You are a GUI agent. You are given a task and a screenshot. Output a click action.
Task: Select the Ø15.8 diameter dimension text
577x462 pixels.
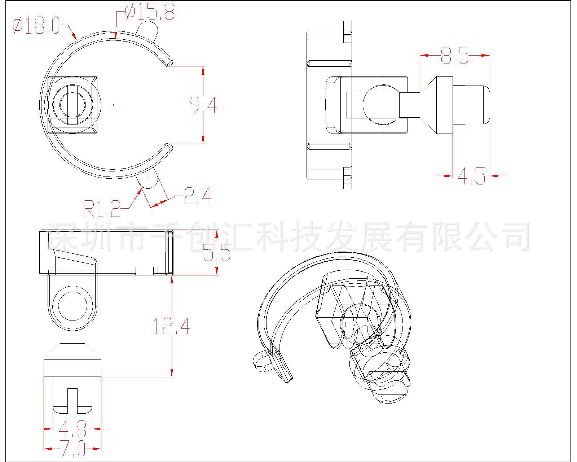click(x=150, y=12)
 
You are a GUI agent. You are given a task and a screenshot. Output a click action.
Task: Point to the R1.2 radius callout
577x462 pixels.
click(x=102, y=208)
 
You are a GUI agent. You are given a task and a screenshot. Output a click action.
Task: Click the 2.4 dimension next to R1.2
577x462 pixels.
click(x=197, y=196)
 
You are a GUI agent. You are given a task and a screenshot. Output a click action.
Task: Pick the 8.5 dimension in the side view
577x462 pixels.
click(x=455, y=56)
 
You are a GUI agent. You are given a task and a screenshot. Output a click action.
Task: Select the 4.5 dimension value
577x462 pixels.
click(x=471, y=176)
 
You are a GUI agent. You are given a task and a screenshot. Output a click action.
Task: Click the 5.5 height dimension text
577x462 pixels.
click(x=216, y=252)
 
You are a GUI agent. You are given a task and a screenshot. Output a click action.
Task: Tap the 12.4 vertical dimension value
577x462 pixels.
click(x=172, y=326)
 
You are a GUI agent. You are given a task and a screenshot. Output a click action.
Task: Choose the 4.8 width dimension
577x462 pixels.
click(x=72, y=428)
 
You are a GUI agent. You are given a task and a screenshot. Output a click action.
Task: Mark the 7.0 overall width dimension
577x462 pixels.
click(x=72, y=449)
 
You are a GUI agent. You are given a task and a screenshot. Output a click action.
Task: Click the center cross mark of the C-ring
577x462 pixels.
click(x=114, y=105)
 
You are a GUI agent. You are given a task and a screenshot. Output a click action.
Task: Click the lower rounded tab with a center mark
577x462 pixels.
click(x=148, y=179)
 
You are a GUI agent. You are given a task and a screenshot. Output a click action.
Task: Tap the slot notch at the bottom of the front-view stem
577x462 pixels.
click(x=72, y=401)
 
